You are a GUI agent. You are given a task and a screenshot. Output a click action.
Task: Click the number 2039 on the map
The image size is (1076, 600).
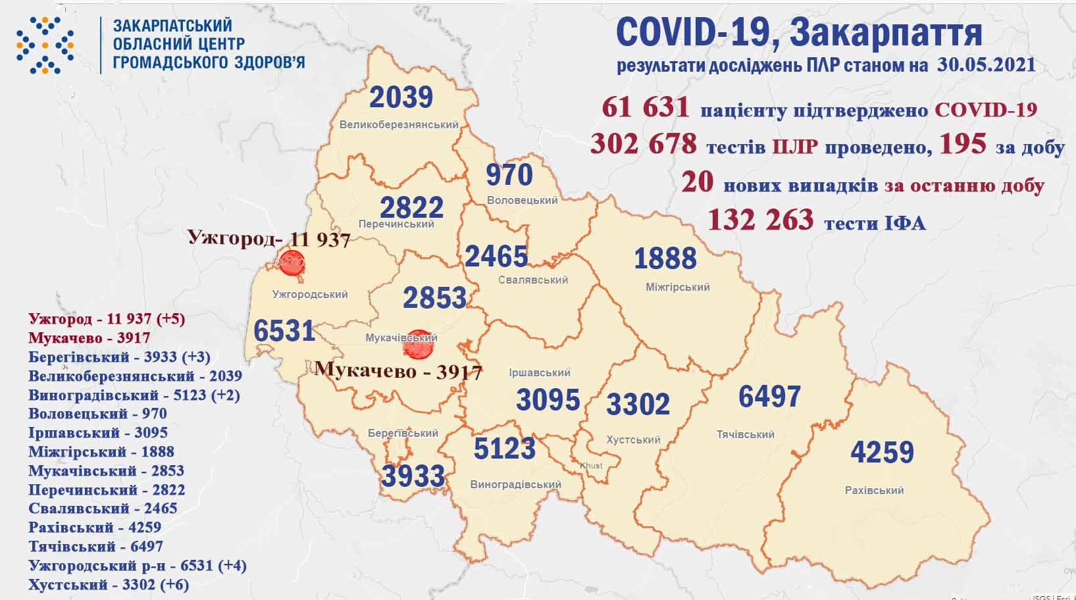click(x=401, y=97)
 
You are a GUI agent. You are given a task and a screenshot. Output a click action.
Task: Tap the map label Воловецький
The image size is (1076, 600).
click(x=522, y=200)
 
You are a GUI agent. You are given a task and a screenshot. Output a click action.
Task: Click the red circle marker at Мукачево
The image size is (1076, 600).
click(x=418, y=345)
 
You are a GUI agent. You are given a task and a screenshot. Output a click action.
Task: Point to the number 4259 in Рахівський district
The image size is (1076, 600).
click(x=882, y=453)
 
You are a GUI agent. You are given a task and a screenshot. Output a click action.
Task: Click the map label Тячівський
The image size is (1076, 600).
click(x=745, y=434)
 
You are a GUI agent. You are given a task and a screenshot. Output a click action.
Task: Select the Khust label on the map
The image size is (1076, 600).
click(x=590, y=466)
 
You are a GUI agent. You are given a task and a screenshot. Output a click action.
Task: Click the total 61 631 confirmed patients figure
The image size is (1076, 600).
click(x=645, y=107)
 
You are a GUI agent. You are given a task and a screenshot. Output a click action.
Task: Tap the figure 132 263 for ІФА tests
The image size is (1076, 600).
click(x=760, y=220)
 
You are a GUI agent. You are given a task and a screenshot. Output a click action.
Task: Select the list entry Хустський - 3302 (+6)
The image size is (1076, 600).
click(x=109, y=584)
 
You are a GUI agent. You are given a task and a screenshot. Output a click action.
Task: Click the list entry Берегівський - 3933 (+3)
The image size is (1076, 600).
click(x=119, y=357)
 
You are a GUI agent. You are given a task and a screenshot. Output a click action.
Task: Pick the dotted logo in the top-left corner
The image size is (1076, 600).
click(x=45, y=45)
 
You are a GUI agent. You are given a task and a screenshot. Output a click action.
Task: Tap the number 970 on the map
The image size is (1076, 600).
click(x=509, y=175)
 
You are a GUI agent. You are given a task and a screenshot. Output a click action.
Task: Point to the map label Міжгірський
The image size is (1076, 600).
click(x=677, y=287)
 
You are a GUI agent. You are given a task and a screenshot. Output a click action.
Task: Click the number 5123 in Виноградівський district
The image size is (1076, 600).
click(x=504, y=449)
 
